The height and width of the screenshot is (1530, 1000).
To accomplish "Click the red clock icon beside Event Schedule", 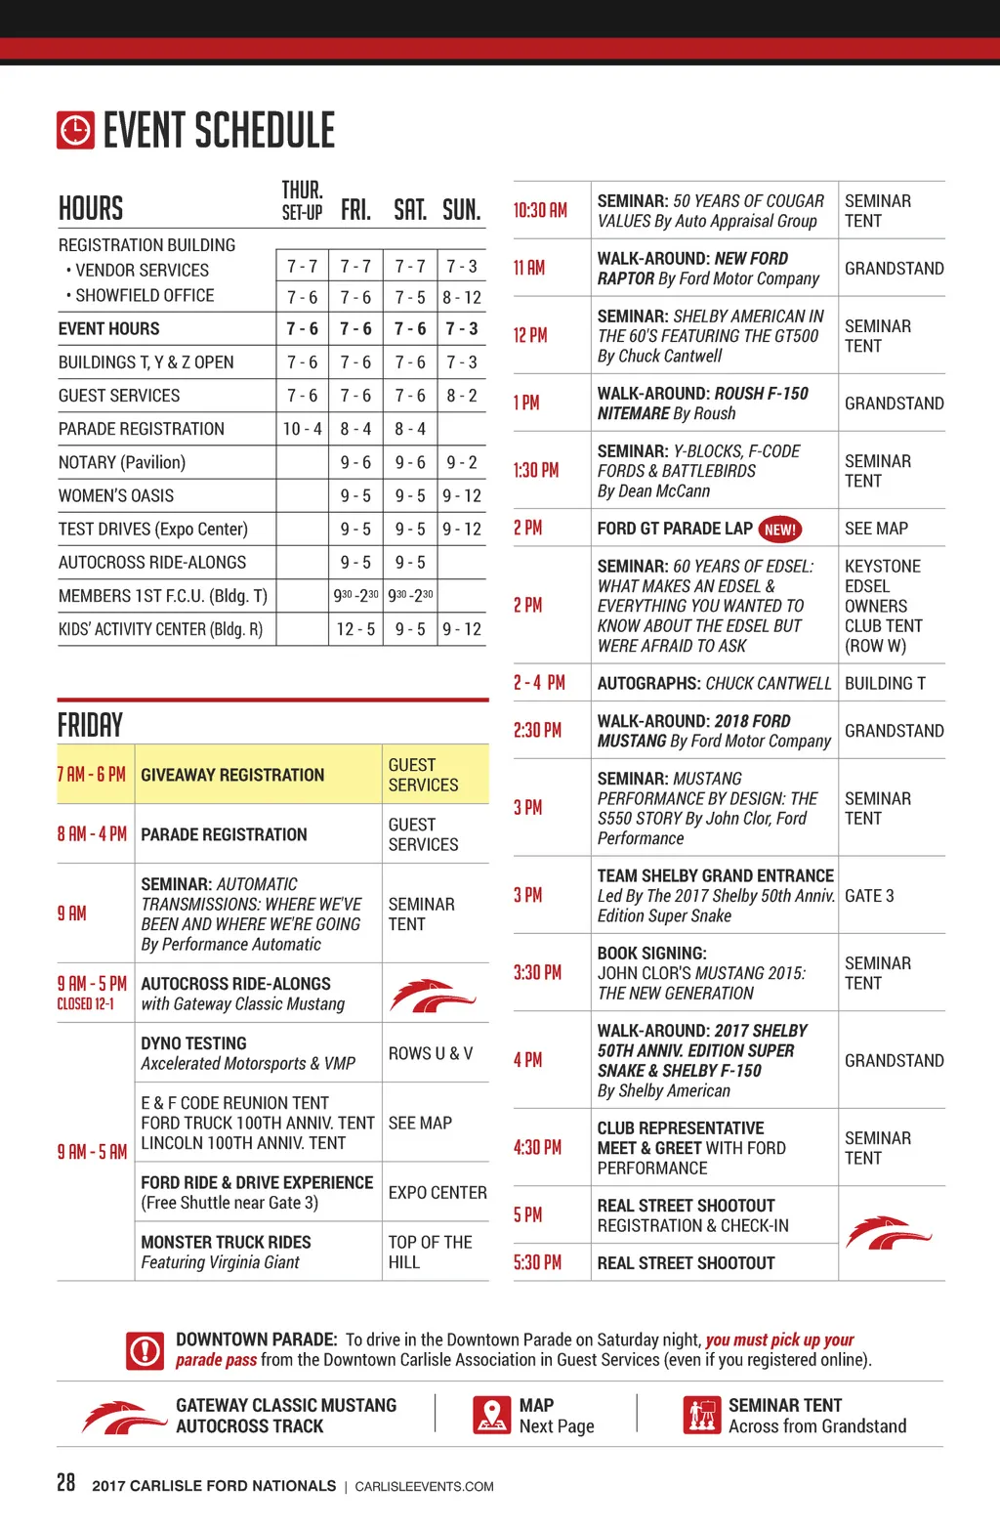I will click(x=75, y=130).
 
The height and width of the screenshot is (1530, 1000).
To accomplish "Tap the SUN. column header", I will click(x=461, y=210).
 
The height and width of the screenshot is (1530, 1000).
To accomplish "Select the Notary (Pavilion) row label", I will click(x=122, y=462).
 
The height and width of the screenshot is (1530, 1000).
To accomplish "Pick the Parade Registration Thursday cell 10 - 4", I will click(x=302, y=429).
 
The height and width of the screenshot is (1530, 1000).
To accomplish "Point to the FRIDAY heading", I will click(x=90, y=725).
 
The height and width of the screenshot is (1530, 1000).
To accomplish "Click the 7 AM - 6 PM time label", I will click(x=92, y=775).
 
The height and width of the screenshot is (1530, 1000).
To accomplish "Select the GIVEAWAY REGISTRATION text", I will click(x=232, y=775).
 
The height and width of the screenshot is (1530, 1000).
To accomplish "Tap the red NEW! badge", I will click(x=779, y=530).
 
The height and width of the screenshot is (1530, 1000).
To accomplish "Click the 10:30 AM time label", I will click(x=540, y=210).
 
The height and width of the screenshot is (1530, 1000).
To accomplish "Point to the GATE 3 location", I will click(x=869, y=896).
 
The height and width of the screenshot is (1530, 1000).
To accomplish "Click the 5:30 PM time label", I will click(x=537, y=1262).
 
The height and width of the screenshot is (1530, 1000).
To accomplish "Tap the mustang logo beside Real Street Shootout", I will click(x=888, y=1233).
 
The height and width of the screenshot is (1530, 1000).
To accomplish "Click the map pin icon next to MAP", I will click(x=491, y=1415).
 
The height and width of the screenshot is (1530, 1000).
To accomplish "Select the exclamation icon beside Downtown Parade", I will click(x=146, y=1350).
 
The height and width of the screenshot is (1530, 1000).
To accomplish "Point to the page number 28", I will click(x=65, y=1482).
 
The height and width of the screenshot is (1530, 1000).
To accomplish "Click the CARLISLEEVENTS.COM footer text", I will click(x=424, y=1487).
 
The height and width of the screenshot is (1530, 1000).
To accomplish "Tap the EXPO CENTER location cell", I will click(x=437, y=1193).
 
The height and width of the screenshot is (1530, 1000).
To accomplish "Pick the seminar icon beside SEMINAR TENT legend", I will click(x=701, y=1415).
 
